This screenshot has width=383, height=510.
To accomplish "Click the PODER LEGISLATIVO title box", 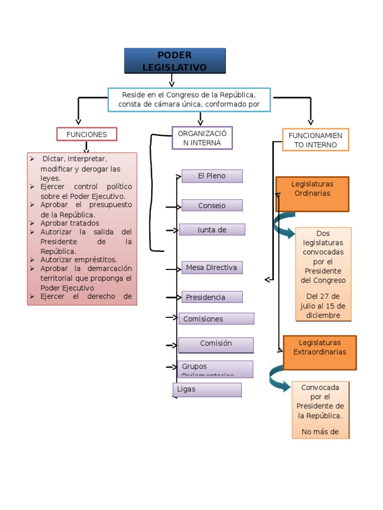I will pos(175,61).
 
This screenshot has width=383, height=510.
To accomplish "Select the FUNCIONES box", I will pos(87,134).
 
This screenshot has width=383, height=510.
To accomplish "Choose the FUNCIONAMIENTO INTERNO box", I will pos(315,140).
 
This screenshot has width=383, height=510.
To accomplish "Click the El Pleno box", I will pos(212,176).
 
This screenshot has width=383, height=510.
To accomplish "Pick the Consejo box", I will pos(212,205).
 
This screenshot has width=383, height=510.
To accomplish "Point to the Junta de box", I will pos(212,230).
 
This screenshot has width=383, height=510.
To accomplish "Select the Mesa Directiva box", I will pos(212,267).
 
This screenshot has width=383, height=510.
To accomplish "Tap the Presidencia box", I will pos(212,297).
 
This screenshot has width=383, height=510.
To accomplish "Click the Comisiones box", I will pos(216,319).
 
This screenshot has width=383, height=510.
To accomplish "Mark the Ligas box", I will pos(207,389).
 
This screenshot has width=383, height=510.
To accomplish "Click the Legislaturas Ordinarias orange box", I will pos(312,194).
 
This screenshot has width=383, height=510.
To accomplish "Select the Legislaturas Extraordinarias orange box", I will pos(320,353).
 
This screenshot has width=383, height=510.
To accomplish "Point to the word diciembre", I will pos(324,315).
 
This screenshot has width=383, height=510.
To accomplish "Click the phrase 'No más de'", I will pos(320,432).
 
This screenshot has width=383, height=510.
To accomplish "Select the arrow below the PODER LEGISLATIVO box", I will pos(172,80).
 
